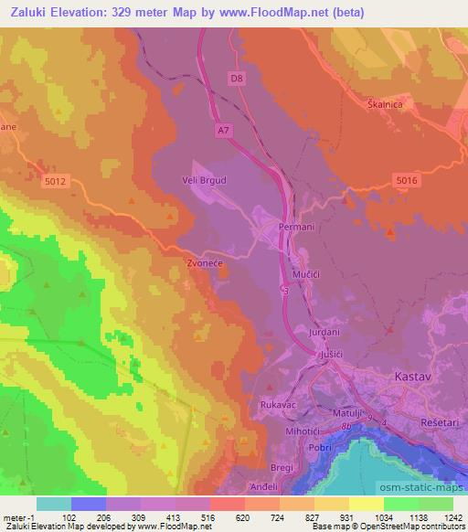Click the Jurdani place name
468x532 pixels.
pyautogui.click(x=324, y=333)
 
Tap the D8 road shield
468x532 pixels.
pyautogui.click(x=238, y=79)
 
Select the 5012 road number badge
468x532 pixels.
pyautogui.click(x=55, y=183)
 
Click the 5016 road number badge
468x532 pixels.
pyautogui.click(x=407, y=182)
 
